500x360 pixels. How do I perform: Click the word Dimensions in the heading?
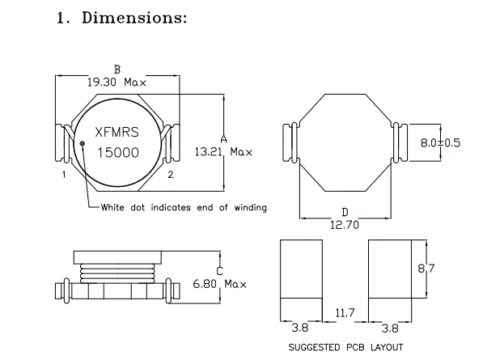[134, 18]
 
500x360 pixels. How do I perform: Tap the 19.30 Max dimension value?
[117, 82]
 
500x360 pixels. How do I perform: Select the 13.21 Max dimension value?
[224, 152]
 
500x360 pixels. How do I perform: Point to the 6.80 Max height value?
[220, 284]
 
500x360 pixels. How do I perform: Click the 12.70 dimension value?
[345, 225]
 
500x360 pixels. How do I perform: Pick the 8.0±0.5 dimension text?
[440, 143]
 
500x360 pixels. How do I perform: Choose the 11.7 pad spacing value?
[345, 313]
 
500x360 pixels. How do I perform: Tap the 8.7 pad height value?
[426, 268]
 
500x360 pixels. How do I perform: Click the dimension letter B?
[117, 70]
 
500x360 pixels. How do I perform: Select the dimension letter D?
[345, 212]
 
